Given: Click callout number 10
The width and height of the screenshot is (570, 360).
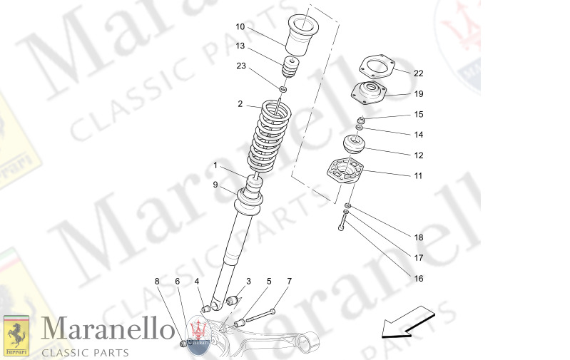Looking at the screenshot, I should pos(240,27).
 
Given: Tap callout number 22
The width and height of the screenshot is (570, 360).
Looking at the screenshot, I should pos(418,73).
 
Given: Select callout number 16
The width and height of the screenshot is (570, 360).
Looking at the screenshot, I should pos(418,278).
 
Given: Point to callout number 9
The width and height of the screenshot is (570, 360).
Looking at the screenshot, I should pos(215,185).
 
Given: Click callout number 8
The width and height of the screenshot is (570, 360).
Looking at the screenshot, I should pos(157,281).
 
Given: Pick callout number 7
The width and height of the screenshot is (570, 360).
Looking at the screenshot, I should pos(290,281).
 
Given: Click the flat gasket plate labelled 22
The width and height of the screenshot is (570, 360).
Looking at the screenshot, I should pos(376,66).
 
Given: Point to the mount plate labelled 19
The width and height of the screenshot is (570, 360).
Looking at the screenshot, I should pos(368,93).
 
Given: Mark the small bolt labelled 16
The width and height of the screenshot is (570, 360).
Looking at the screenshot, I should pos(342,225).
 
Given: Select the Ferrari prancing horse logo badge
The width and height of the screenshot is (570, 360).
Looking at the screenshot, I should pos(16,336).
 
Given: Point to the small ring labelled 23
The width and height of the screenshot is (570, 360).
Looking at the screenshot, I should pos(283,90).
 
